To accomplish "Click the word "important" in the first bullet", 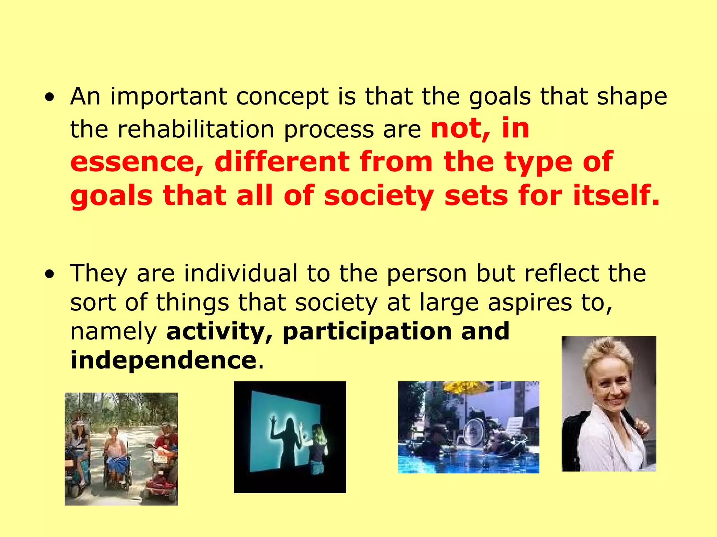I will [x=168, y=96].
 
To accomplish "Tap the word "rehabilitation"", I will [x=196, y=129].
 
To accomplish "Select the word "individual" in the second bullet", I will [x=241, y=273].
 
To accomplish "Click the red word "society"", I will [x=379, y=195].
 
